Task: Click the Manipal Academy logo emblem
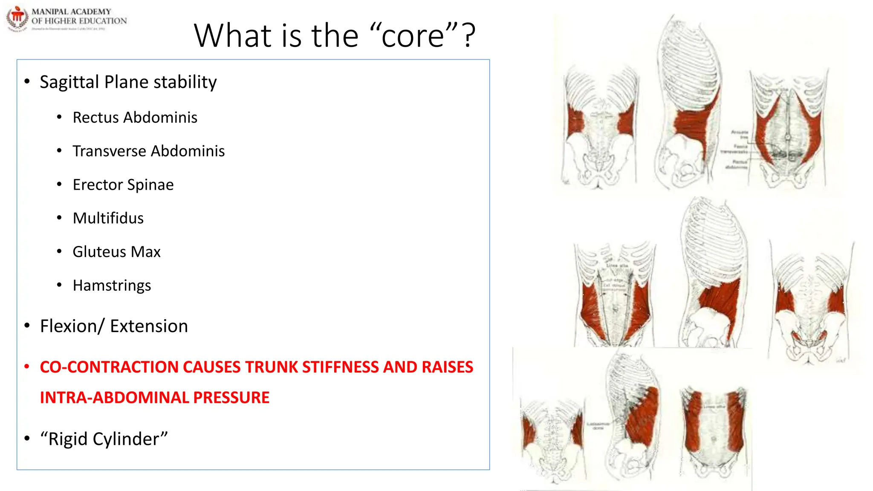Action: click(17, 18)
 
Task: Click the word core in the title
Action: click(413, 36)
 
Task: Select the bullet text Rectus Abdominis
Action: click(135, 118)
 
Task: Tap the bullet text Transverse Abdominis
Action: click(148, 151)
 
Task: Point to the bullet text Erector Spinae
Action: click(123, 185)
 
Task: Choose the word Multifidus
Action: click(108, 218)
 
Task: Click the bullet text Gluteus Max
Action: click(116, 252)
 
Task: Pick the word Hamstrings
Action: click(112, 286)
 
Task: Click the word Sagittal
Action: click(69, 82)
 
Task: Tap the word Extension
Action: click(149, 326)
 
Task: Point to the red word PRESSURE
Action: click(231, 398)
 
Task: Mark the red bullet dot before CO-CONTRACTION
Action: click(27, 367)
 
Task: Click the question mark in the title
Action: click(469, 36)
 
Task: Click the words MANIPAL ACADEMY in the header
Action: click(71, 12)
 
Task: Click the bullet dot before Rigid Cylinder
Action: click(27, 439)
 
